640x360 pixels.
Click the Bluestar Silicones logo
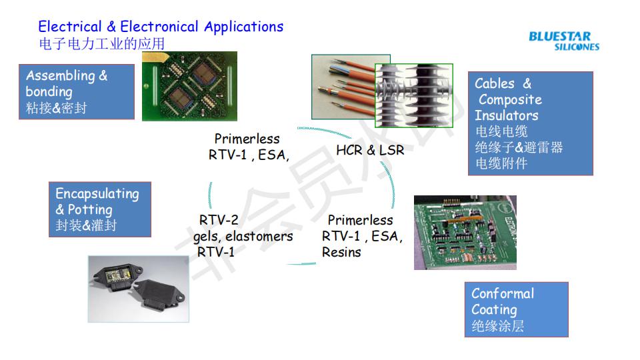[x=564, y=41]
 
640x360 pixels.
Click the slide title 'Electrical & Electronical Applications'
[x=161, y=27]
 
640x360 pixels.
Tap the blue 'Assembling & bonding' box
[x=77, y=91]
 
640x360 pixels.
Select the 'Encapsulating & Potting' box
[x=100, y=209]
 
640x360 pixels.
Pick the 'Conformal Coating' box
[x=516, y=309]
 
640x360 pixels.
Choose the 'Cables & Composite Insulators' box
[x=531, y=123]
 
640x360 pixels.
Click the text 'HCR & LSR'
[x=370, y=150]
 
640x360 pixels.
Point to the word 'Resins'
[x=341, y=252]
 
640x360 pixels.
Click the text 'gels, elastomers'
[x=243, y=237]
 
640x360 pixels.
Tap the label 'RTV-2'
[x=219, y=220]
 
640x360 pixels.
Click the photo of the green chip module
[x=189, y=86]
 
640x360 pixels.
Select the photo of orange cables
[x=343, y=87]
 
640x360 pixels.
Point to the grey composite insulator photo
[x=414, y=95]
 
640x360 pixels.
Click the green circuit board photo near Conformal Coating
[x=465, y=233]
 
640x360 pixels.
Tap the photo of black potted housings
[x=139, y=289]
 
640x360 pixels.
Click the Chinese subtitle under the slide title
[x=102, y=44]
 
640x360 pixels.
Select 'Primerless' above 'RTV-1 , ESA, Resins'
[x=361, y=221]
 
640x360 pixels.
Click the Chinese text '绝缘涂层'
[x=498, y=326]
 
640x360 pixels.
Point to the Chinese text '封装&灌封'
[x=86, y=225]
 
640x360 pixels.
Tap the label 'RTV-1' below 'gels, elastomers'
[x=216, y=252]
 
